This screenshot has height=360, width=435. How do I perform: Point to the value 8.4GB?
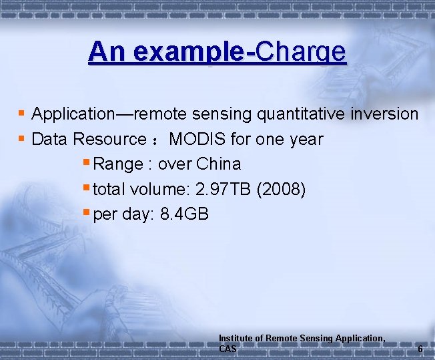tap(185, 214)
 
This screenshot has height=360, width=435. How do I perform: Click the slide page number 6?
tap(420, 349)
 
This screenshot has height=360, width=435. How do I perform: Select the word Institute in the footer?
tap(236, 339)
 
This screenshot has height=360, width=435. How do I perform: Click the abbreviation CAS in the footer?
tap(228, 349)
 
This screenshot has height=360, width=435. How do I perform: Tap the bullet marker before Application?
tap(22, 114)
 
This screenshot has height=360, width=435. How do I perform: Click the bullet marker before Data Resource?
tap(22, 139)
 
